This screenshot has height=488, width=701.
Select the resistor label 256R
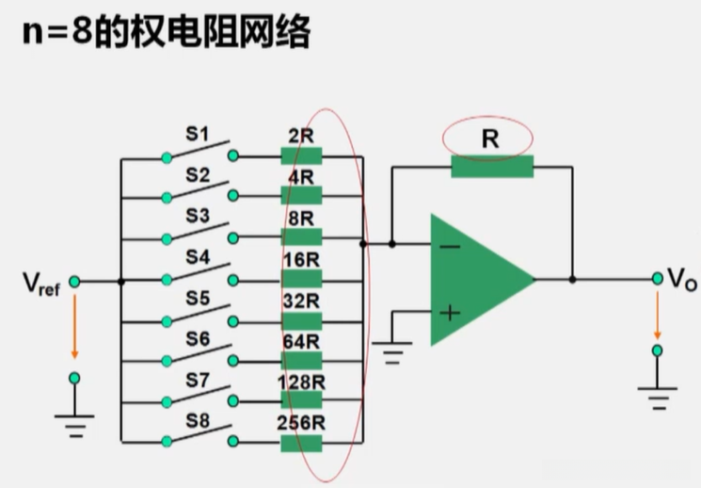(301, 422)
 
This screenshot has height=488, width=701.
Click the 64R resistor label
(301, 341)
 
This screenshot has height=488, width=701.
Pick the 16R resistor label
(301, 259)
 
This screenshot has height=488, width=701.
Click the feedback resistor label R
(490, 139)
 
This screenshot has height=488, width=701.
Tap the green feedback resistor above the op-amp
(491, 168)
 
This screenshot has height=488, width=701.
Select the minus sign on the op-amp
(451, 247)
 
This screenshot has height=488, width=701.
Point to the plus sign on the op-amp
(451, 313)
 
